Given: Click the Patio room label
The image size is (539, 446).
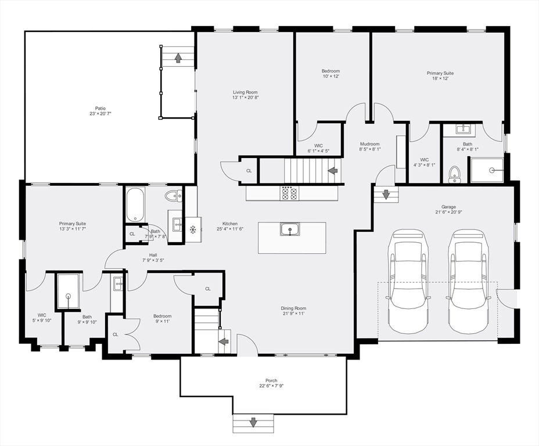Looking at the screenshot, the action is [100, 108].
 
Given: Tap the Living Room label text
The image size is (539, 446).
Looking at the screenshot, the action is [245, 92].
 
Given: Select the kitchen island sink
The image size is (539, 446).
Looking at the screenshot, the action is [290, 229].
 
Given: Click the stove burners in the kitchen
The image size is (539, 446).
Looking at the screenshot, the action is [290, 193].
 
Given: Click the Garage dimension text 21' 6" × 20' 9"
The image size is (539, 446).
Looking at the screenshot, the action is [448, 212].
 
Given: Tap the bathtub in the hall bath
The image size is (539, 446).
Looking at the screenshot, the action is [135, 205].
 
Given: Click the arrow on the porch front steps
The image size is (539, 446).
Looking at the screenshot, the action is [253, 422].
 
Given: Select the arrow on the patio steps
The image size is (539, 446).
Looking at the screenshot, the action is [178, 57].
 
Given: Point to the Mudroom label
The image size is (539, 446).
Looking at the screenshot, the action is [370, 144].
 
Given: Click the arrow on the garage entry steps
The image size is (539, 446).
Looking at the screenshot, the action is [386, 195].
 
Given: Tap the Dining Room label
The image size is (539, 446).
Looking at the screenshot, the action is [293, 308].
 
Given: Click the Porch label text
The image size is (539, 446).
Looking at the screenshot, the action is [271, 380].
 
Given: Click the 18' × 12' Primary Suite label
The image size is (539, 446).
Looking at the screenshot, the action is [440, 73].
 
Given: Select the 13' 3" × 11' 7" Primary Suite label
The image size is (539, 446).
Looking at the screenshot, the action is [72, 224].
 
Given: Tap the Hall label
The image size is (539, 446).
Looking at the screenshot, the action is [153, 255].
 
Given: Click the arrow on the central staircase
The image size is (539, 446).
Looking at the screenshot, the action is [333, 170].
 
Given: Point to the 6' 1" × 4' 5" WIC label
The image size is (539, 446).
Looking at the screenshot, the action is [318, 146].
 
